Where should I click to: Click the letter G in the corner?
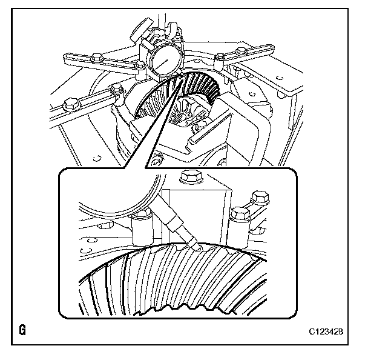[x=22, y=331]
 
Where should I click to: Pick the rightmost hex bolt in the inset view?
[x=260, y=199]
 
